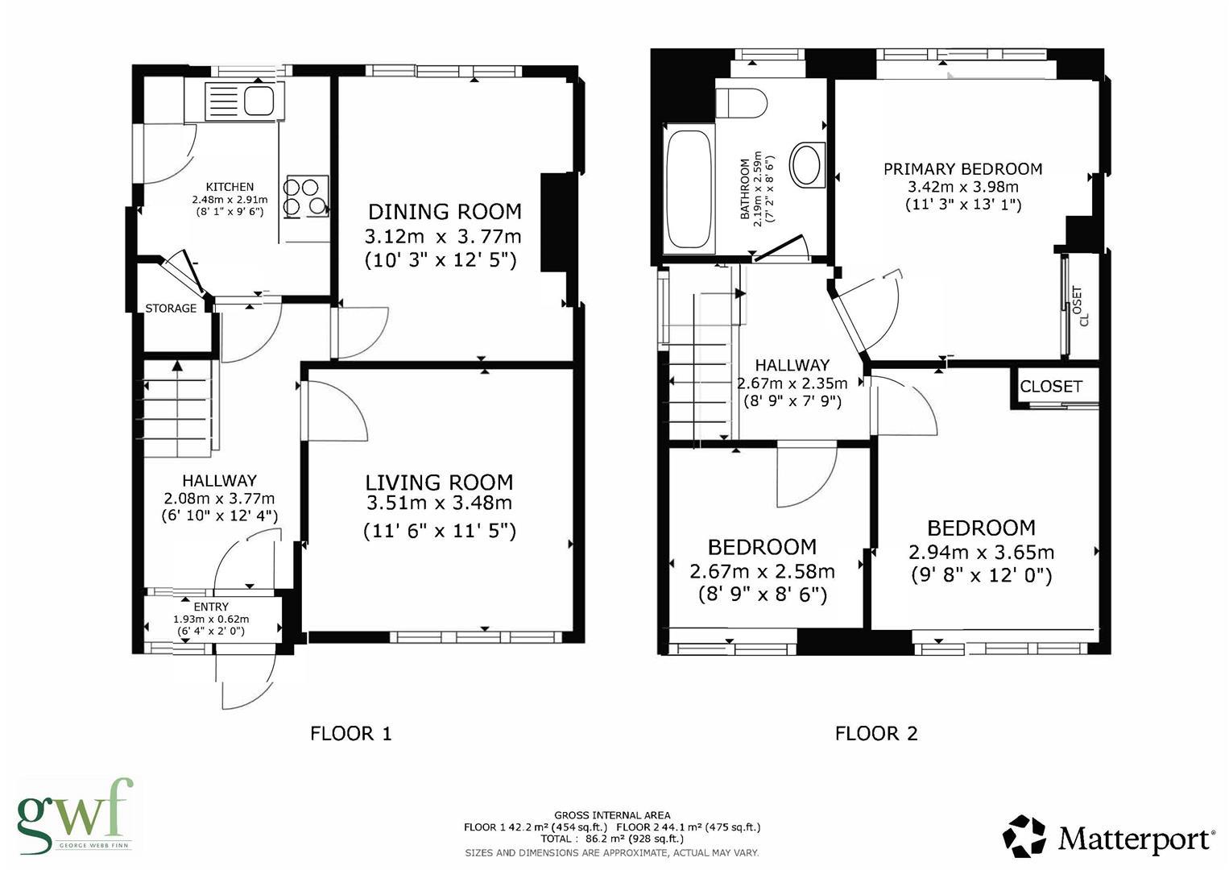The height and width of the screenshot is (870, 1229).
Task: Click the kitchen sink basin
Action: (x=259, y=100)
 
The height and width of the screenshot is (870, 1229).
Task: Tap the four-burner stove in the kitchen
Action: (x=305, y=196)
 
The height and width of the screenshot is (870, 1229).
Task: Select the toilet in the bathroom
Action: (x=741, y=104)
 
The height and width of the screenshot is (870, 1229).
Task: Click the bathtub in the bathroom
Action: (x=689, y=188)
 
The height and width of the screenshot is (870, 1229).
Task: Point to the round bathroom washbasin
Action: (x=806, y=164)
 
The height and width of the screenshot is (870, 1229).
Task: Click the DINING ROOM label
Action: (x=445, y=212)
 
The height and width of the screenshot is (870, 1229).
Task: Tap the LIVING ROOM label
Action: (x=439, y=482)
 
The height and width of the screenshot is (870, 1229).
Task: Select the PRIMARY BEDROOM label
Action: (x=963, y=168)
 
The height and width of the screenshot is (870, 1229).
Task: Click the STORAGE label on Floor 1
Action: (x=171, y=309)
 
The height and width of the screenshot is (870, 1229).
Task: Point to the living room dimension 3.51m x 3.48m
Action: (x=439, y=502)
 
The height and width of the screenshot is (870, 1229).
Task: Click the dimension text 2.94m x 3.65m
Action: (x=982, y=552)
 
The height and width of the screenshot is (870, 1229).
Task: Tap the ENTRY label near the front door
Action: (x=211, y=607)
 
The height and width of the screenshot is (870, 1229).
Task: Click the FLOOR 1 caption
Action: (x=351, y=733)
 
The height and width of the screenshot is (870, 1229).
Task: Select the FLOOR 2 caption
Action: (x=876, y=733)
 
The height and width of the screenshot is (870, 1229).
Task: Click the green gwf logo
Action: (x=75, y=813)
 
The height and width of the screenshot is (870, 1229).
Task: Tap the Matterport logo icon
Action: (x=1024, y=836)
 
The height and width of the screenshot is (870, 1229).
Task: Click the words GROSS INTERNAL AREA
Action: (x=612, y=815)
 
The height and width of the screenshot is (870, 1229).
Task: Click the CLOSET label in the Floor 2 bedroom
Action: (x=1051, y=387)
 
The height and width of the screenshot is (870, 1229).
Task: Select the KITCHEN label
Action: (x=230, y=187)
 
